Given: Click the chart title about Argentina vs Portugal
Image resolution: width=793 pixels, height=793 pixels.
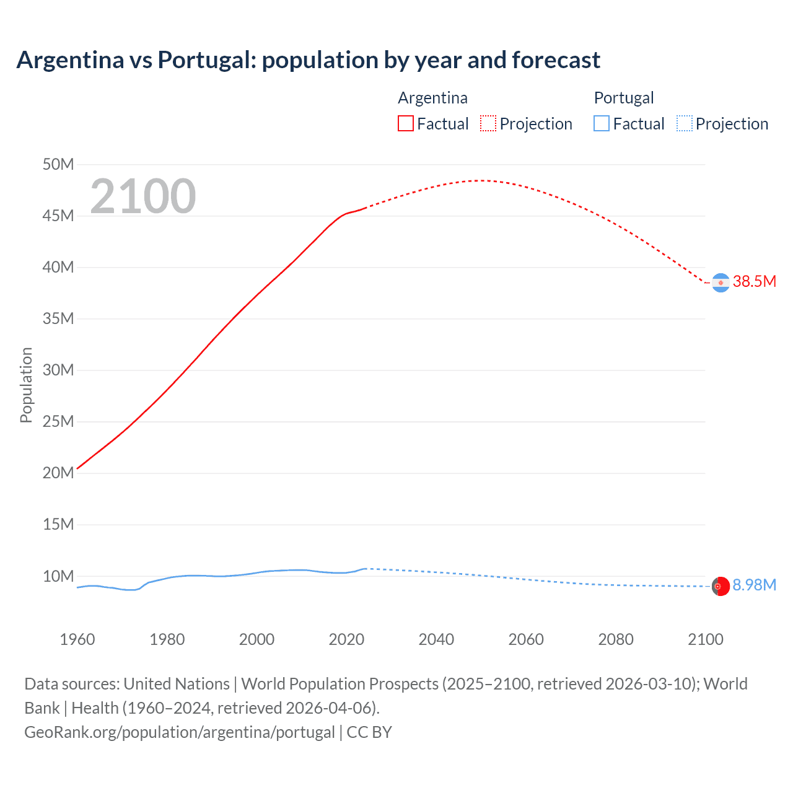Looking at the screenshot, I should tap(308, 60).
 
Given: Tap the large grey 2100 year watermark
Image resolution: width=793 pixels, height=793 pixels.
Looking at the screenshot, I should tap(143, 196).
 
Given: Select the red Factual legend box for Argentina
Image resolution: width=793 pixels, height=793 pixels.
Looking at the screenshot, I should tap(405, 123).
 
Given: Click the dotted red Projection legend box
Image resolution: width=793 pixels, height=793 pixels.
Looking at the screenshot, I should tap(488, 123).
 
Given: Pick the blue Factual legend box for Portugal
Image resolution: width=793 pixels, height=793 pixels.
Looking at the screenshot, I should tap(601, 123).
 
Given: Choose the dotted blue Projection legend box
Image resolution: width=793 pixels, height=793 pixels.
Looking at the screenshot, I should tap(684, 123).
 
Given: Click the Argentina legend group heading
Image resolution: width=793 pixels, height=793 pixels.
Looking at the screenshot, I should tap(432, 98).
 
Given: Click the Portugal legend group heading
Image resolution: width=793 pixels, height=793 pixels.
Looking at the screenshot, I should tap(623, 98).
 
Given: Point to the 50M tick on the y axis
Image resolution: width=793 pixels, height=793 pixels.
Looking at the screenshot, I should tap(58, 164).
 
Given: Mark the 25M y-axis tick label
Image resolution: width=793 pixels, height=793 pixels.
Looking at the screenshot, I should tap(58, 421).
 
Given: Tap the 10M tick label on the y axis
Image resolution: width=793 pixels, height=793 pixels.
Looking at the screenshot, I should tap(58, 576).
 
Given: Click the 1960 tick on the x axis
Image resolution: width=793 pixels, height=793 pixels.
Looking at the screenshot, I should tap(77, 639).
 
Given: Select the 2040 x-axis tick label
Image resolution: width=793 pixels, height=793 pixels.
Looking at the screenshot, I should tap(436, 639).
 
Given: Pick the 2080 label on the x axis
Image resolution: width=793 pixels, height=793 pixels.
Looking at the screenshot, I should tap(616, 639).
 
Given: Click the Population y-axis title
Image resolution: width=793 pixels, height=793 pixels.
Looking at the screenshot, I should tap(26, 385).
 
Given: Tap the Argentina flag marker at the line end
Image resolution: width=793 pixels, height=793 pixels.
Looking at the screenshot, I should tap(721, 283).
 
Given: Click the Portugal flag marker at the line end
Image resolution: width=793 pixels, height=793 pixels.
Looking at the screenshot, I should tap(721, 586).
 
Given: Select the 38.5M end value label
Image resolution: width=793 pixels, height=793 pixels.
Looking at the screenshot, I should tap(754, 281).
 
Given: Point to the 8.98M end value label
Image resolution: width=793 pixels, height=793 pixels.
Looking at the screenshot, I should tap(754, 585).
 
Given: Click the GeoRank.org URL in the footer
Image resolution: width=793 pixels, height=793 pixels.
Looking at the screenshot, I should tap(180, 732).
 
